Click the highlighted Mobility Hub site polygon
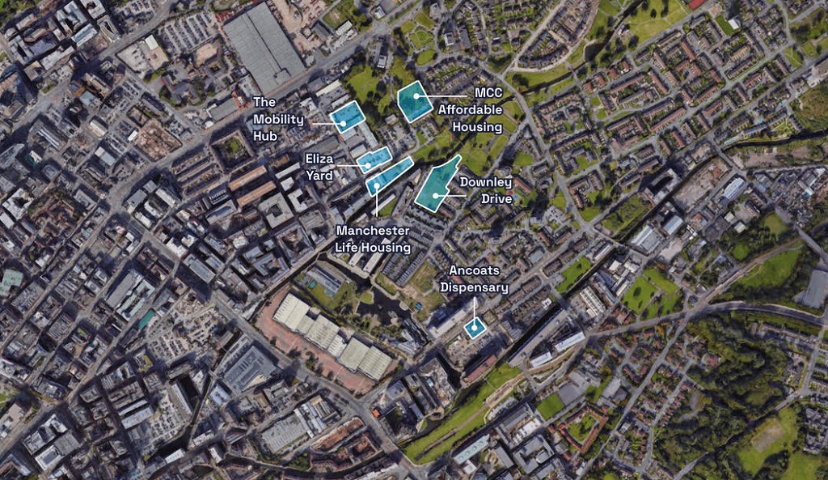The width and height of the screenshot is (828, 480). point(348,117)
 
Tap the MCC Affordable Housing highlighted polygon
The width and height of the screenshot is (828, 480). point(416,101)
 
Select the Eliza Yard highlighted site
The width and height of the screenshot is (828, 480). point(374,160)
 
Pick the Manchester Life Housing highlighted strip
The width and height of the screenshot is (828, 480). point(389,176)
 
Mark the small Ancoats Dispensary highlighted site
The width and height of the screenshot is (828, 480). point(475,327)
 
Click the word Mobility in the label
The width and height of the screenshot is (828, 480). point(279,120)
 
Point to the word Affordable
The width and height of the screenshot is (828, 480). point(470,109)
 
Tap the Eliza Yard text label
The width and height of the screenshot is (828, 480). point(319,166)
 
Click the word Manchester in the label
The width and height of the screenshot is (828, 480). point(373,231)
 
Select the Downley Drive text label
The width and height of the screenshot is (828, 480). point(485,189)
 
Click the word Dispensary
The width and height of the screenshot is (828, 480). point(475,287)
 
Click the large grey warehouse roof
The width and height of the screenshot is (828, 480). point(264,46)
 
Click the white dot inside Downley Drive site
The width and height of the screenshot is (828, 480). point(436,195)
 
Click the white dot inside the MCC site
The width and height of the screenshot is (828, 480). point(416,96)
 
